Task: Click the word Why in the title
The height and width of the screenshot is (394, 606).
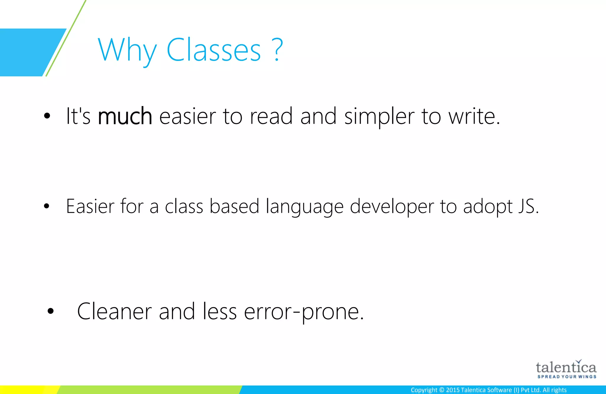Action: click(x=127, y=50)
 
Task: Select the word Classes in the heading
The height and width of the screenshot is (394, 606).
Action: click(x=214, y=50)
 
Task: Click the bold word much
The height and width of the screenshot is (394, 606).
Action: click(x=125, y=116)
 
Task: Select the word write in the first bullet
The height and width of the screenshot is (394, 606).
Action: click(x=472, y=116)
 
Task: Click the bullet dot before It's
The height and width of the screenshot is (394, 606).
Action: click(x=47, y=116)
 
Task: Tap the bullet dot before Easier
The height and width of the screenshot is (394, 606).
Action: click(x=46, y=206)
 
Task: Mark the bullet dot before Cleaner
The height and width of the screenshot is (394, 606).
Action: click(x=51, y=311)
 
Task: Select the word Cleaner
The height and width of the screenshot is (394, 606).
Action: click(x=114, y=311)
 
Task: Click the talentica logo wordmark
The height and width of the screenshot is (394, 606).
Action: click(x=566, y=367)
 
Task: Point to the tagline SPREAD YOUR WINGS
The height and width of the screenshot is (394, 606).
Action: click(x=567, y=377)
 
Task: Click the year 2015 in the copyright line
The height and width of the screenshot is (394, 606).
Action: click(x=453, y=390)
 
